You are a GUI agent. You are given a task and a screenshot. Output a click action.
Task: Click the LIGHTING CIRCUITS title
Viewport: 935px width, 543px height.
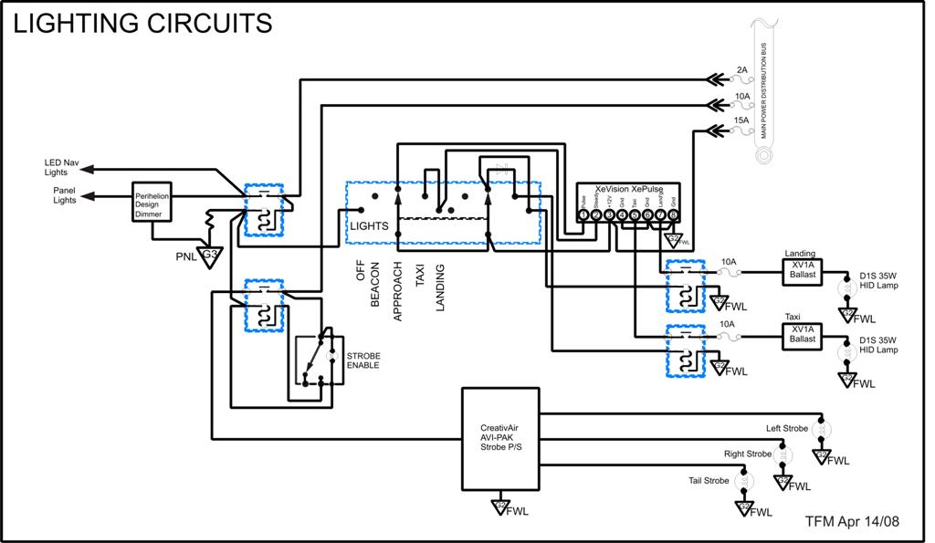(x=142, y=23)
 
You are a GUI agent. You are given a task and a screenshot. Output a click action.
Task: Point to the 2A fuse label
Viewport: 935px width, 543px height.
(x=741, y=70)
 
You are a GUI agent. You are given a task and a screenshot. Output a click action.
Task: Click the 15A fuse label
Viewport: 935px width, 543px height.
(x=741, y=120)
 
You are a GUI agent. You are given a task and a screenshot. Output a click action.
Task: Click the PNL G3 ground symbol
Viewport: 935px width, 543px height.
(x=209, y=255)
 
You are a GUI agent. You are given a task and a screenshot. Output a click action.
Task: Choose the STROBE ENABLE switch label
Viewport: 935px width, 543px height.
(x=362, y=360)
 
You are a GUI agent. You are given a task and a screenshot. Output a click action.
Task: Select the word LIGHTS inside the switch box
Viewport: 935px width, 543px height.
(x=370, y=225)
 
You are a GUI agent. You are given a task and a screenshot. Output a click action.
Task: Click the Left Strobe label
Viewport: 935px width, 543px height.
(x=786, y=428)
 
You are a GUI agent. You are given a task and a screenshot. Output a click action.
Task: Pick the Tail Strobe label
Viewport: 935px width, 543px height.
(x=709, y=480)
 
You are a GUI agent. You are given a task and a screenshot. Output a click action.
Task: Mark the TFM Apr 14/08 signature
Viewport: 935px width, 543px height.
(x=852, y=521)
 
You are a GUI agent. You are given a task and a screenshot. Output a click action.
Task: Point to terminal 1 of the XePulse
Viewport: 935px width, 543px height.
(x=583, y=215)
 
